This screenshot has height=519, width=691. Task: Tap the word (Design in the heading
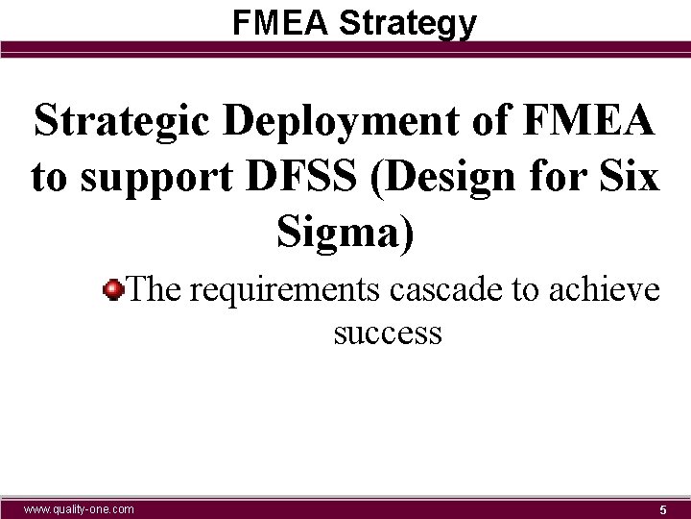coord(425,179)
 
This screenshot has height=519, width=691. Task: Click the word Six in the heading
coord(630,177)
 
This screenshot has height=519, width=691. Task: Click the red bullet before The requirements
coord(114,287)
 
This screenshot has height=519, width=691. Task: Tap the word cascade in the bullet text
coord(438,287)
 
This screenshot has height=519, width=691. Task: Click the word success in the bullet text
coord(388,333)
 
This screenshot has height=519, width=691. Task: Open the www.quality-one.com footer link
coord(79,508)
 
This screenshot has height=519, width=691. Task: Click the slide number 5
coord(662,509)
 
